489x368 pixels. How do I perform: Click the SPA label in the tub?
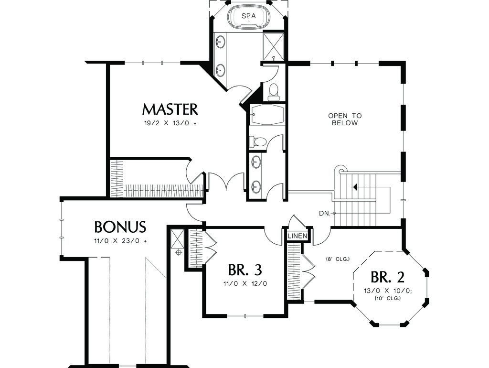pos(248,16)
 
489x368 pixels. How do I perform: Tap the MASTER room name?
pos(170,109)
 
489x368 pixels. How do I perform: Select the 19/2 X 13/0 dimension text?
pos(170,123)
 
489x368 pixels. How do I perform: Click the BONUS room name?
pos(120,227)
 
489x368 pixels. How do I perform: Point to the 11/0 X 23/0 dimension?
pos(120,241)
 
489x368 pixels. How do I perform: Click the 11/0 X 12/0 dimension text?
pos(245,284)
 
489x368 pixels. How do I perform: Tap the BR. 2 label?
pos(388,277)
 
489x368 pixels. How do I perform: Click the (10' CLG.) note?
pos(388,298)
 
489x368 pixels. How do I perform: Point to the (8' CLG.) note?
pos(338,259)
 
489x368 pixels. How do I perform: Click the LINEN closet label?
pos(298,236)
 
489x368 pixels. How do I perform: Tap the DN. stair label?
pos(325,214)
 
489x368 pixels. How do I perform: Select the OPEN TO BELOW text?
pos(345,119)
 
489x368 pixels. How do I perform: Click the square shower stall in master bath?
pos(274,46)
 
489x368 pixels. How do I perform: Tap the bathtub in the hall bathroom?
pos(267,114)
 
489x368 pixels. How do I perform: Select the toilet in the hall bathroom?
pos(257,142)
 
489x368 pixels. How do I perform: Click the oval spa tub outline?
pos(248,16)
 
